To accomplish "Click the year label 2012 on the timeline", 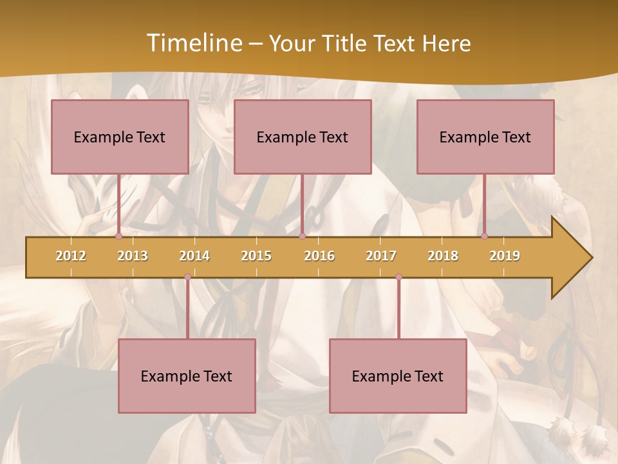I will pos(71,256).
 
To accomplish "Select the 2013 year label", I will pos(133,256).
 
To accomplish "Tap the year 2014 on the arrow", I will pos(194,256).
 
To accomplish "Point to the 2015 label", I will pos(256,256).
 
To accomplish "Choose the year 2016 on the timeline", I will pos(319,256).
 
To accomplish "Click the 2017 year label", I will pos(381,256).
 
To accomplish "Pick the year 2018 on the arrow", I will pos(443,256).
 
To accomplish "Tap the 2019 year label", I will pos(505,256).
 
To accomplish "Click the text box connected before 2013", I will pos(120,137).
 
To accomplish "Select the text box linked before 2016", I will pos(303,137).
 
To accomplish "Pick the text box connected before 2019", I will pos(485,137).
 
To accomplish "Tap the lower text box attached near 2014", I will pos(187,376).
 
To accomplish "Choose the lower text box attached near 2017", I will pos(398,376).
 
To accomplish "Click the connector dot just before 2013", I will pos(119,237).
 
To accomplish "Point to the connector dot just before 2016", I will pos(302,237).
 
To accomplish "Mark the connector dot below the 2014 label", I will pos(187,277).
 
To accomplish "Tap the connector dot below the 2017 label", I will pos(398,277).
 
